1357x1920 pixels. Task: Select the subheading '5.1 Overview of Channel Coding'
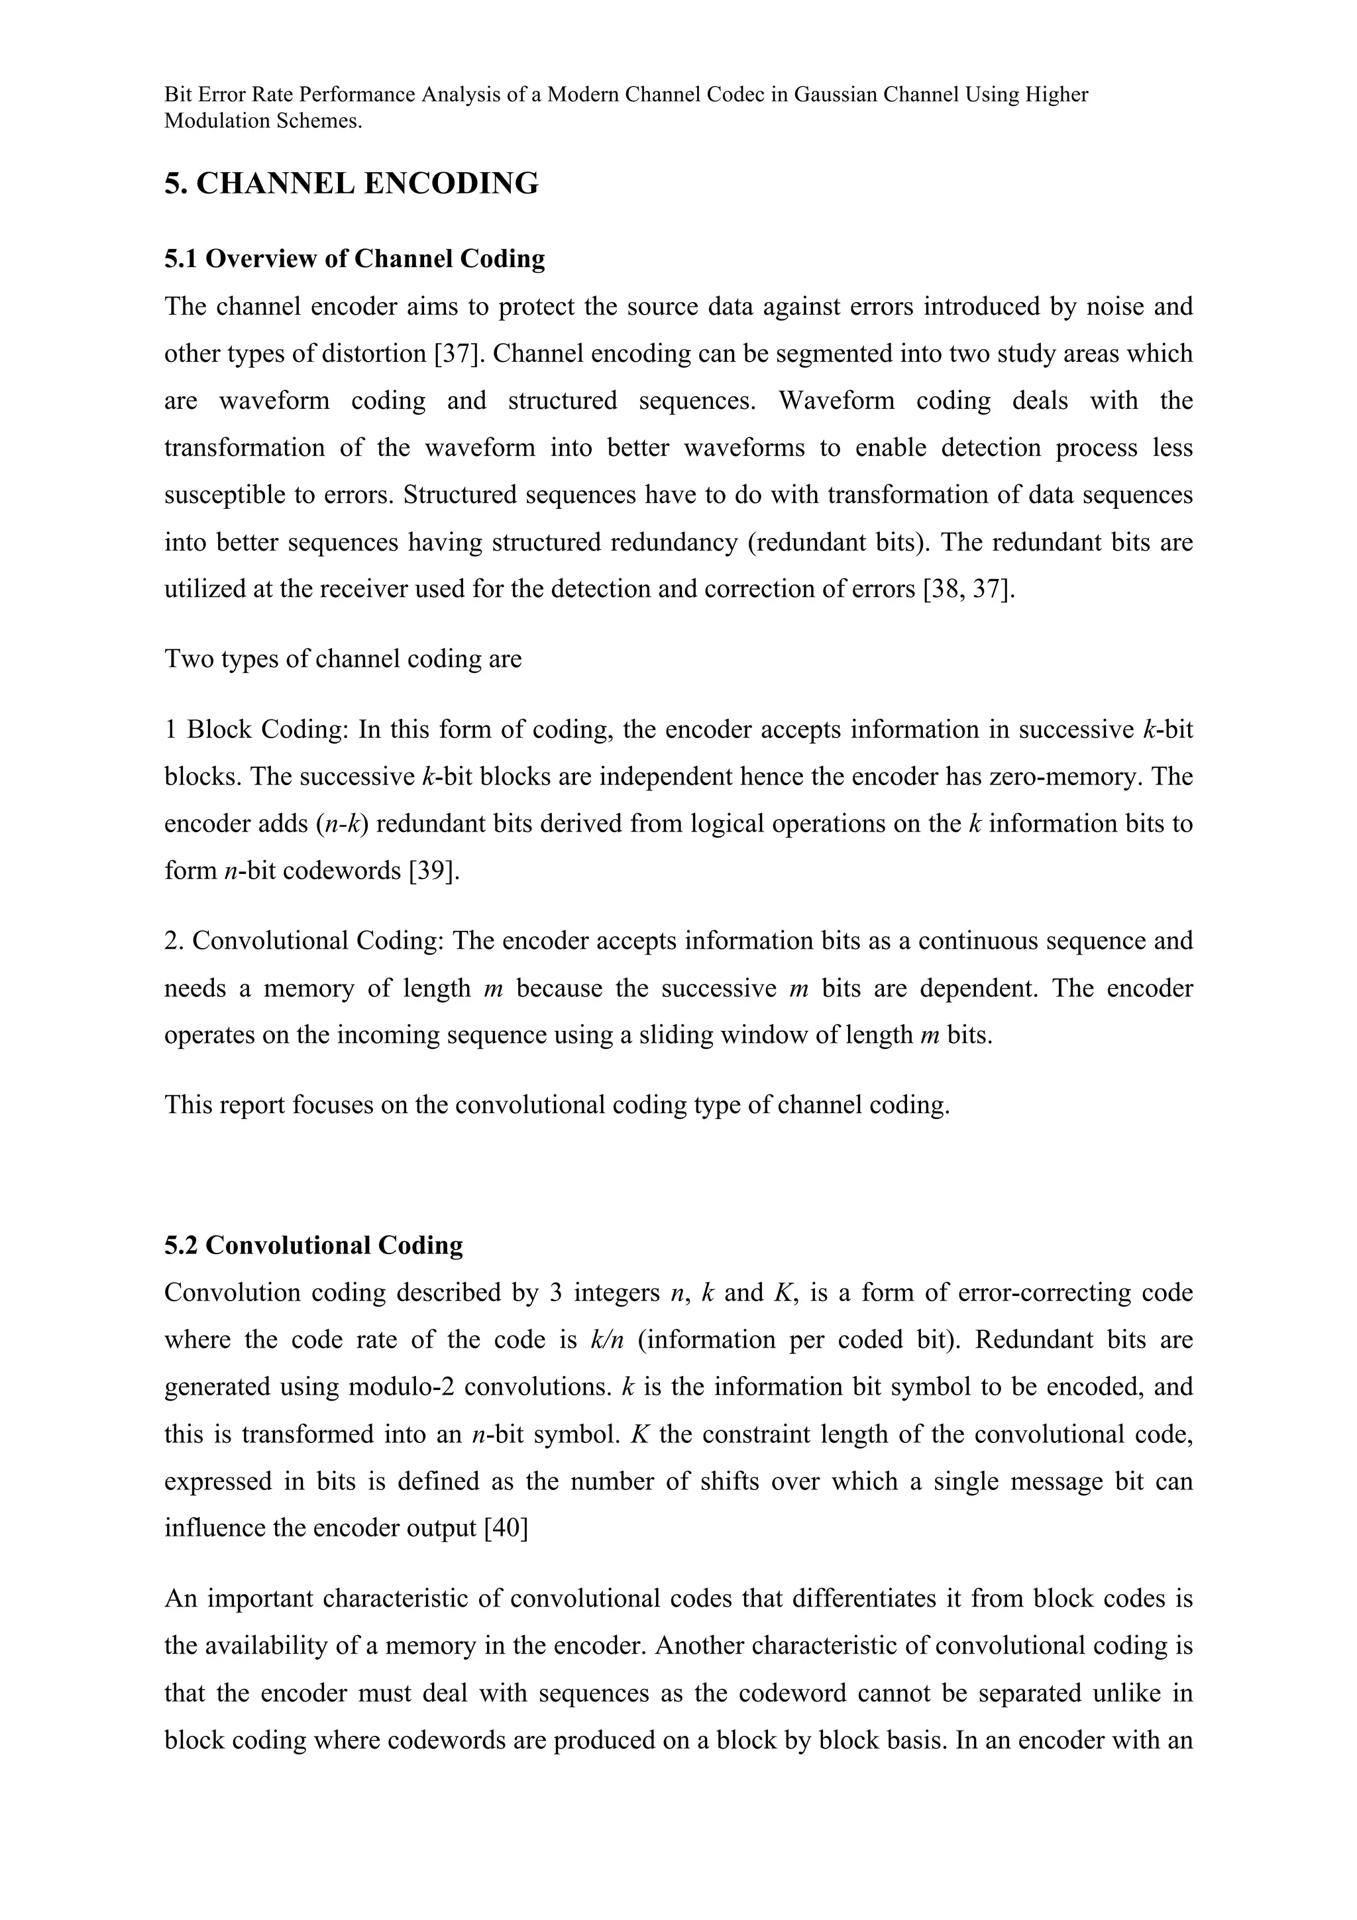(354, 259)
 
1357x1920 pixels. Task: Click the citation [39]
(434, 871)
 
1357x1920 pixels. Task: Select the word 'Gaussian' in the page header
(833, 95)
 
